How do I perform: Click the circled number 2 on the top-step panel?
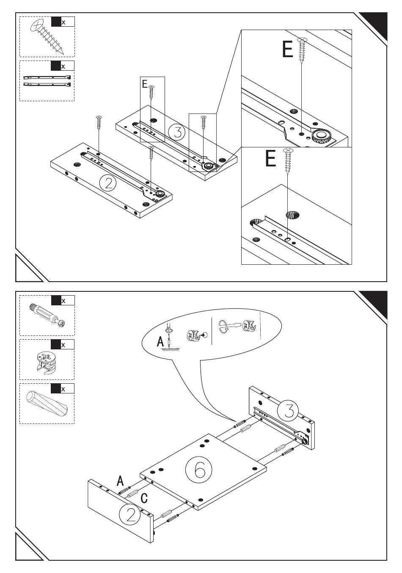[x=107, y=183]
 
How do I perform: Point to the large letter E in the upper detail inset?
[x=287, y=50]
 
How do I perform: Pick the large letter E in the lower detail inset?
[x=270, y=159]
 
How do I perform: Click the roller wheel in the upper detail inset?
[x=321, y=136]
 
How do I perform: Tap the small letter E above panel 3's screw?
[x=145, y=84]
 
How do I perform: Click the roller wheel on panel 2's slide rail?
[x=160, y=194]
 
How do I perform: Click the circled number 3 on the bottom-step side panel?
[x=288, y=411]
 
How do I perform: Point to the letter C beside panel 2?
[x=144, y=498]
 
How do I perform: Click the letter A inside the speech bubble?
[x=160, y=341]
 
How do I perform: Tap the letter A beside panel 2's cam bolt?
[x=120, y=481]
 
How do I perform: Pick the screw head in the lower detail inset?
[x=288, y=151]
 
